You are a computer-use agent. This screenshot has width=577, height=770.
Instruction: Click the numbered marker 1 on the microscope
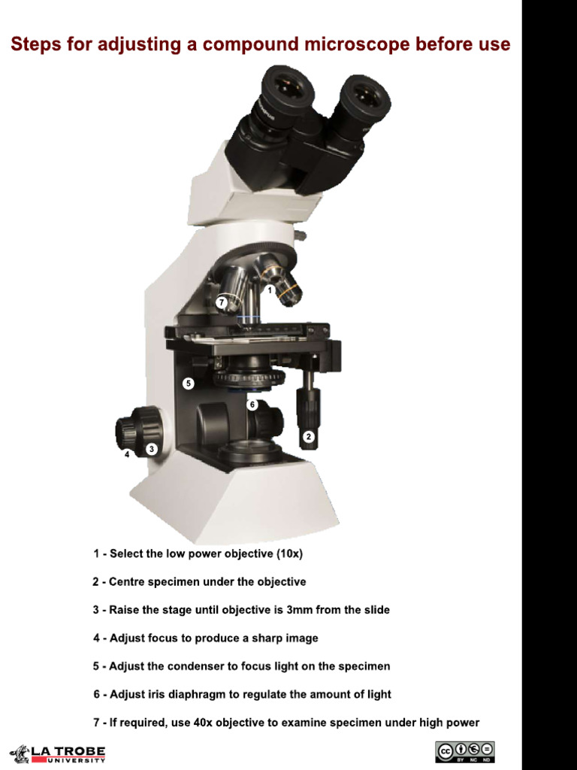click(269, 290)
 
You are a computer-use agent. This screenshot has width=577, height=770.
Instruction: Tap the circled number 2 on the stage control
click(308, 435)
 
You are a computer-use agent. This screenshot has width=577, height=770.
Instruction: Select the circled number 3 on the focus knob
click(152, 448)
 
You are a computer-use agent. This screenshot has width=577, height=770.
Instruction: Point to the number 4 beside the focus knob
click(127, 455)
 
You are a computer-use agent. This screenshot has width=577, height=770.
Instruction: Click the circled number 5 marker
click(189, 383)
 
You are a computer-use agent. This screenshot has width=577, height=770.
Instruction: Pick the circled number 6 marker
click(252, 404)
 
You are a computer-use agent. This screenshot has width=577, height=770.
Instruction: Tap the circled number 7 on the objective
click(222, 302)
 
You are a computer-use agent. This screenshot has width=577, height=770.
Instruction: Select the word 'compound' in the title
click(248, 44)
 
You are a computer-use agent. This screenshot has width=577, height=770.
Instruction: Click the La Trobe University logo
click(58, 753)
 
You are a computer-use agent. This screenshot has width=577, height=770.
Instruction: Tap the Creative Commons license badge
click(464, 752)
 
